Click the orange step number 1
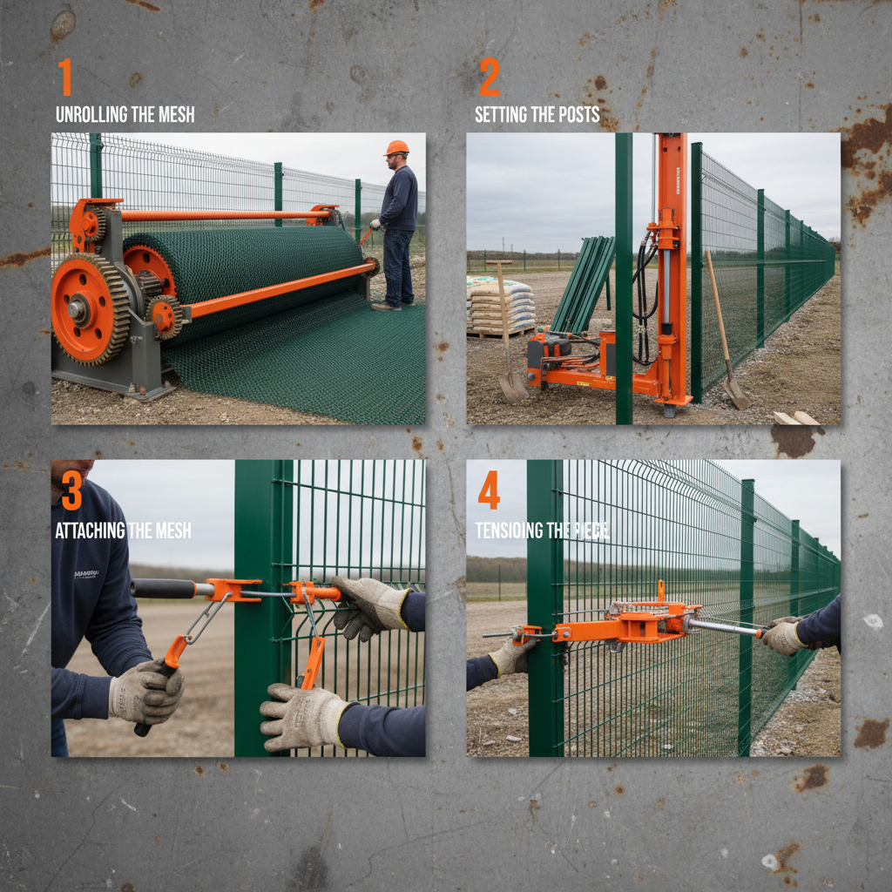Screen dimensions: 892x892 65,78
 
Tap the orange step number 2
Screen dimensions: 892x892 489,78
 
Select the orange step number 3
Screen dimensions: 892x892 71,492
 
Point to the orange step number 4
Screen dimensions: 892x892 489,493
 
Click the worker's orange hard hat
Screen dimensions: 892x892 397,148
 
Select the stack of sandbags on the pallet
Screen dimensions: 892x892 500,305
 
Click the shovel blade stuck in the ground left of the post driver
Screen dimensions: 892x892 512,384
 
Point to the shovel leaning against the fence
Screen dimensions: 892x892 725,331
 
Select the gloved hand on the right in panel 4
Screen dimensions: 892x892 783,636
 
